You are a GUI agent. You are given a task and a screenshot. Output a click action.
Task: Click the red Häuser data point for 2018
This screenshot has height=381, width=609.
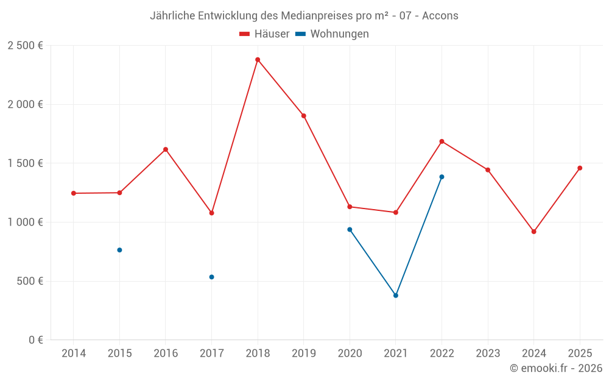click(x=258, y=60)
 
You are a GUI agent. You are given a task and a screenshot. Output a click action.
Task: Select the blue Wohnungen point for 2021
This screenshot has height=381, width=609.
click(x=396, y=296)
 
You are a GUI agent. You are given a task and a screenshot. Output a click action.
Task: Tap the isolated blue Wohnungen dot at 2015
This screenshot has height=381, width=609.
click(x=119, y=250)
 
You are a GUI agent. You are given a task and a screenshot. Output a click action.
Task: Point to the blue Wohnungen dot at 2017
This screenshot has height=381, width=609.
click(x=211, y=277)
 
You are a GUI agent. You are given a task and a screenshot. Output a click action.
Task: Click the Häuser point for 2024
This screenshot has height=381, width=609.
click(x=533, y=232)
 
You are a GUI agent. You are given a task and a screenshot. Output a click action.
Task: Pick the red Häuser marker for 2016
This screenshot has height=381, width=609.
click(x=166, y=149)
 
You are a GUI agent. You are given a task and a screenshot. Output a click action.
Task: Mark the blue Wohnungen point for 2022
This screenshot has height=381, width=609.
click(x=442, y=177)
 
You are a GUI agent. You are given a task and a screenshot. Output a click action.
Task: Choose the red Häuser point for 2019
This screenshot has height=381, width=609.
click(x=303, y=116)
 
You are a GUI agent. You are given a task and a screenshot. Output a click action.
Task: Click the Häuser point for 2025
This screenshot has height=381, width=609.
click(x=580, y=168)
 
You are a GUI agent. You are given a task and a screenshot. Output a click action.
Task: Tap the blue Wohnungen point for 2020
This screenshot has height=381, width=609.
click(x=350, y=229)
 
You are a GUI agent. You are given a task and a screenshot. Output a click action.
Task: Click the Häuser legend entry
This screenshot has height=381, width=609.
click(x=264, y=34)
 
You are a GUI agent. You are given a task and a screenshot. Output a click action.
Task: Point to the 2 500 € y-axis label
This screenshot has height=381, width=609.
click(x=25, y=46)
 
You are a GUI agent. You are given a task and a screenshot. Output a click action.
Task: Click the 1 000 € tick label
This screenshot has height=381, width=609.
click(x=25, y=223)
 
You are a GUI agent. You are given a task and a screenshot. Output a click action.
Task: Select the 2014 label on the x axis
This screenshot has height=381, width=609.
click(x=74, y=354)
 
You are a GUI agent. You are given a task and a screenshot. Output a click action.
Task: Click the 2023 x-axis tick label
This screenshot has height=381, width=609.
click(x=488, y=354)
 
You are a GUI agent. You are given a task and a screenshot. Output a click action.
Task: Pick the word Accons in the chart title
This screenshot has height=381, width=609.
click(x=440, y=16)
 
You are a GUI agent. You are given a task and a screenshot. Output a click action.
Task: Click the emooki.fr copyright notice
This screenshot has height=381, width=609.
click(x=555, y=368)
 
